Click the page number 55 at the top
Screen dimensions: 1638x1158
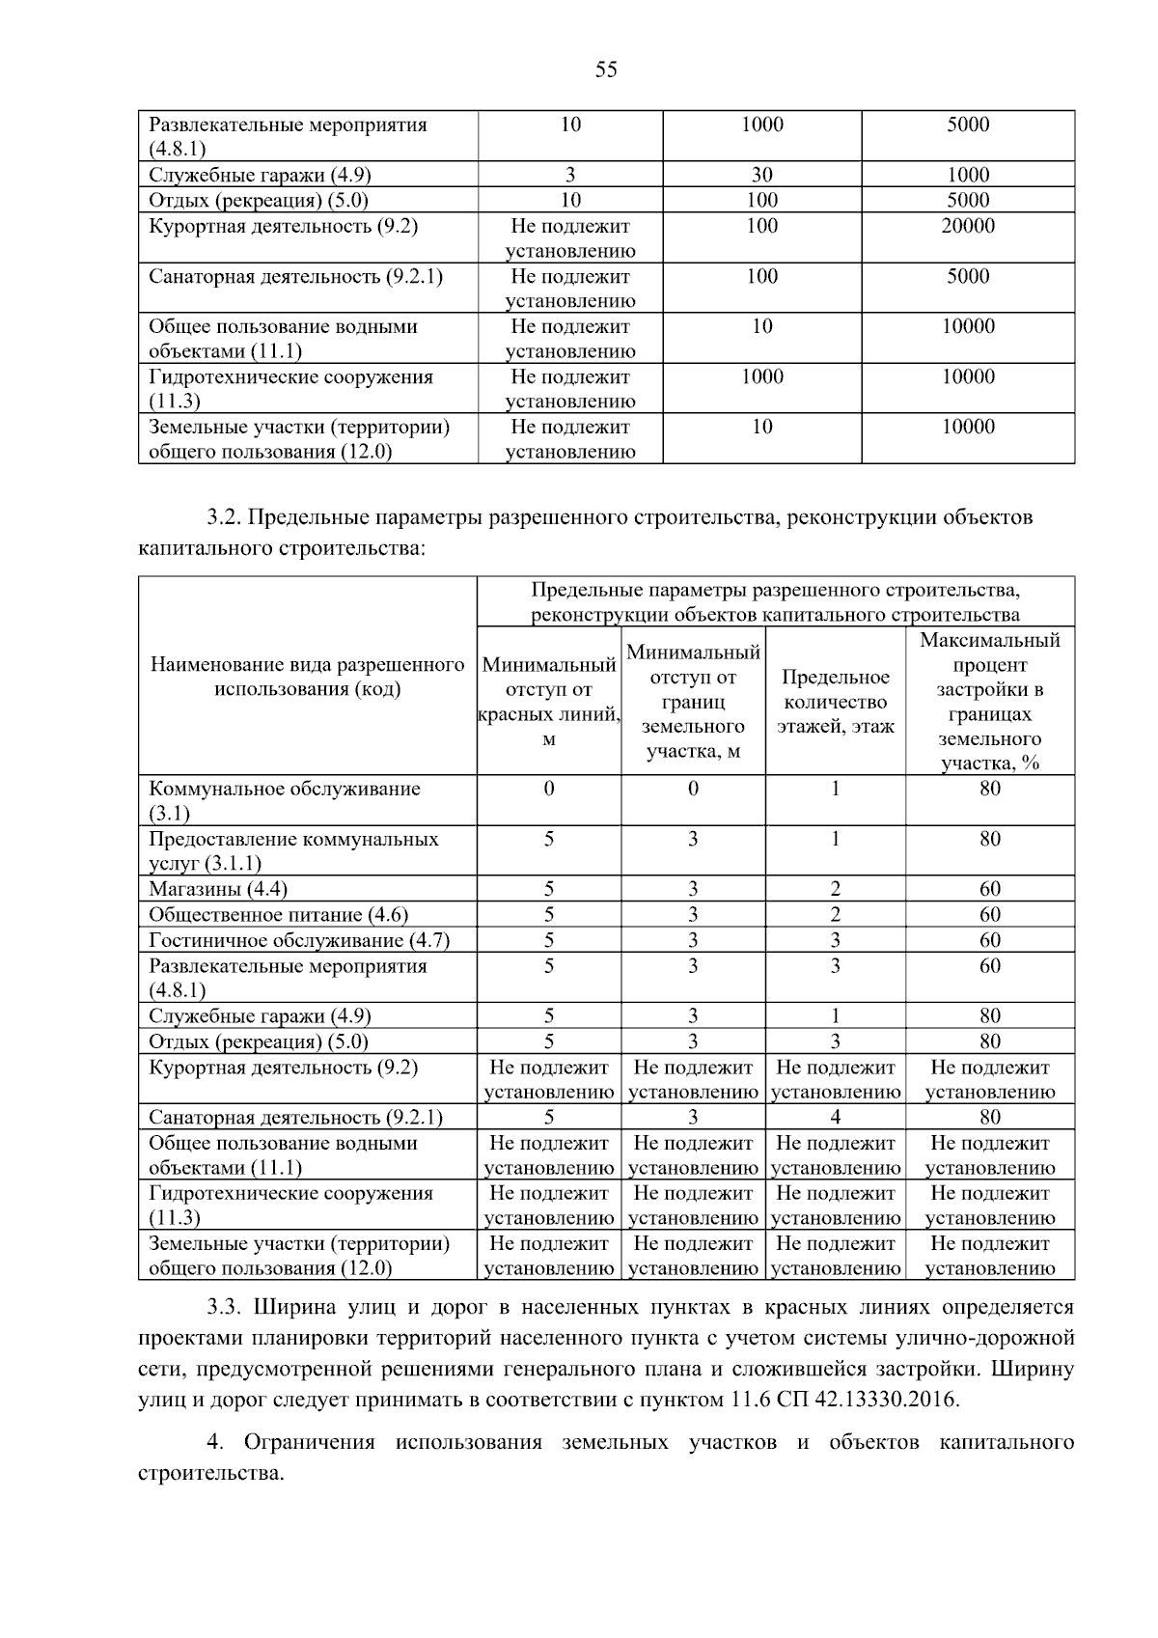pos(606,70)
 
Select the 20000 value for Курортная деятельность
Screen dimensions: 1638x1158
pos(968,226)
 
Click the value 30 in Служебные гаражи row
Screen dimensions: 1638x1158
pos(761,175)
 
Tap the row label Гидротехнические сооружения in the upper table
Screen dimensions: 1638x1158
pos(290,388)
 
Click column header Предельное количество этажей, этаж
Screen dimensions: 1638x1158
pos(835,702)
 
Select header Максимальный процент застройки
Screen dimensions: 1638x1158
pos(989,702)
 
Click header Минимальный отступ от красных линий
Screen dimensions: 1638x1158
pos(548,702)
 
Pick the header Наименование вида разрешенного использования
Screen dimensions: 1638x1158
pos(307,677)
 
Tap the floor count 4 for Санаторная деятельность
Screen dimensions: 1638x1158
pos(835,1117)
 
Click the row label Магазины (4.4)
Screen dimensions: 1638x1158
pos(218,889)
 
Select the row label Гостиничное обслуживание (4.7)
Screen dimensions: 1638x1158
pos(299,940)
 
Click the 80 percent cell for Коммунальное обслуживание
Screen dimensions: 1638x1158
pos(989,789)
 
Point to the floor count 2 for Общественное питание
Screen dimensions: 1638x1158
pos(835,914)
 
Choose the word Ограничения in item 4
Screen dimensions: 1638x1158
pos(309,1443)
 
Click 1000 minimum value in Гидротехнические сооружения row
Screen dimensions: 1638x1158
pos(761,376)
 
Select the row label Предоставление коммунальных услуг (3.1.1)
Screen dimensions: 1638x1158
pos(293,850)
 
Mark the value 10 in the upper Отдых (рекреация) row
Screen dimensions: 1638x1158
pos(570,200)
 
